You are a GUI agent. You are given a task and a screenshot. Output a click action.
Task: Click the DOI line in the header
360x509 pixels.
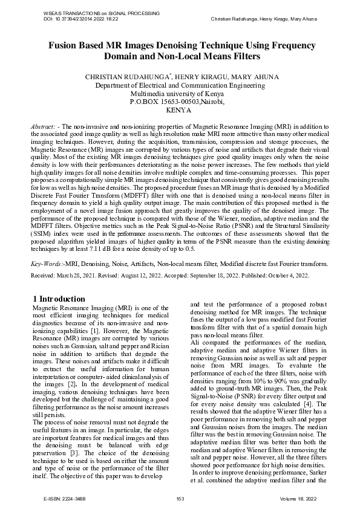pos(81,19)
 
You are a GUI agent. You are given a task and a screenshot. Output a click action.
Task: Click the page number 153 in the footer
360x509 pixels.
pos(180,498)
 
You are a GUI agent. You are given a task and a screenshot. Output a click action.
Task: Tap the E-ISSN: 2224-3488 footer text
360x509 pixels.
pos(65,498)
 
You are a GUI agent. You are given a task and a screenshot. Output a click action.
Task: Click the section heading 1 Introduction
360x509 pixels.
pos(59,299)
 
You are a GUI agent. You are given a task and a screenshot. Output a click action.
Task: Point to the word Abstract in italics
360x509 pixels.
pos(44,126)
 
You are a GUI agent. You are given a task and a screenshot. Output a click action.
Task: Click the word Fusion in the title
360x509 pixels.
pos(67,45)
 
